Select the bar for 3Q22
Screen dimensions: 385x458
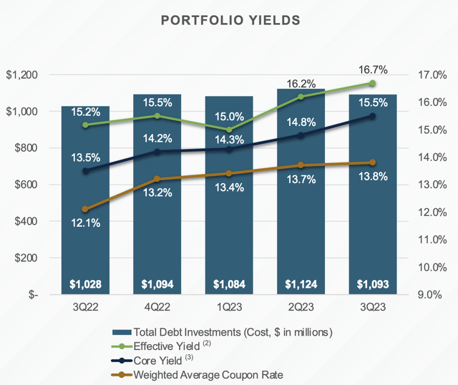click(x=85, y=215)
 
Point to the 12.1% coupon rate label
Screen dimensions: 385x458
click(x=85, y=223)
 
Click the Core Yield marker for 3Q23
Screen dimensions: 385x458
click(x=372, y=116)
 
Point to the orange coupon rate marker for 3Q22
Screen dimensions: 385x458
click(x=86, y=209)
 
